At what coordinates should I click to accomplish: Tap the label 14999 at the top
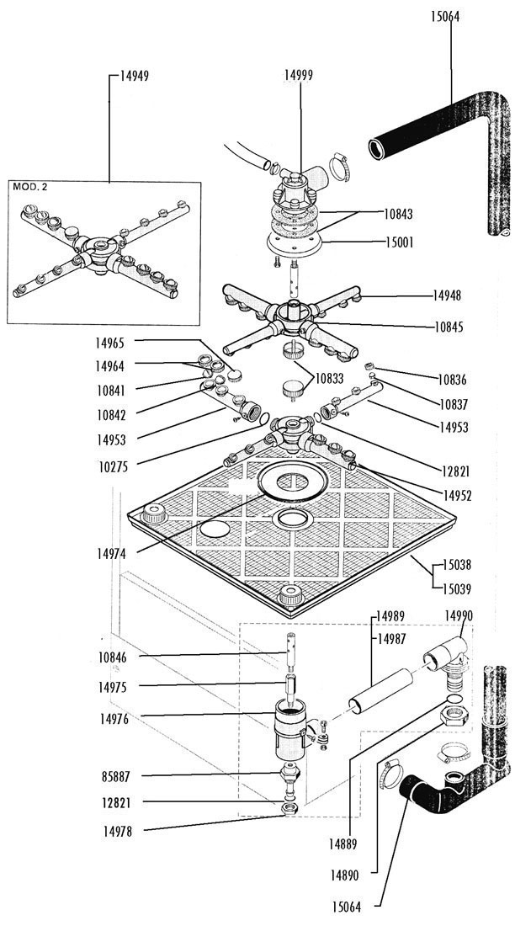[299, 76]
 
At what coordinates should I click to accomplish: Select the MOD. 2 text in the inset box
[30, 187]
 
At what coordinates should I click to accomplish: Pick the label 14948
[447, 295]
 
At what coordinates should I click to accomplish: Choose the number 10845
[448, 326]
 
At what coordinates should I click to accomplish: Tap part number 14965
[109, 343]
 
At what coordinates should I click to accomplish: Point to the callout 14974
[112, 553]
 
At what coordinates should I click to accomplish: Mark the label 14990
[459, 615]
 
